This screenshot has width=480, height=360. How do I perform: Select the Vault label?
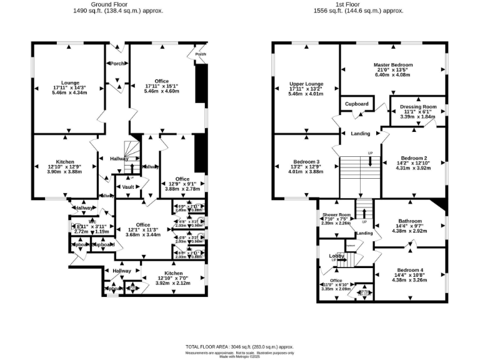pos(127,186)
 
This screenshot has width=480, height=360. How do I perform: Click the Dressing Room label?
pos(418,107)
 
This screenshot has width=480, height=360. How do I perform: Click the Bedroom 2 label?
pos(414,158)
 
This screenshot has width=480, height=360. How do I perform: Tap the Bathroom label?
pos(410,221)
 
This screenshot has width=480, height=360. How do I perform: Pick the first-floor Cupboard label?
pos(357,104)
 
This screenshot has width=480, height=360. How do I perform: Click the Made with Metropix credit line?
pos(239,356)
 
